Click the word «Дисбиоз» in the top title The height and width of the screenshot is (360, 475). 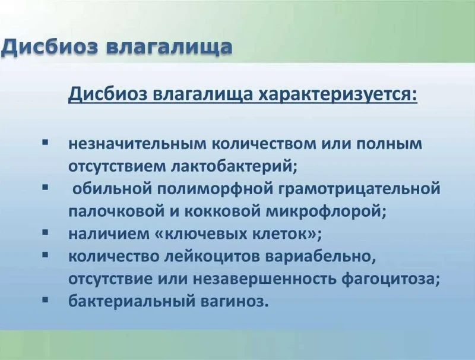50,48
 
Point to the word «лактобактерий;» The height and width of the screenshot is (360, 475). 234,166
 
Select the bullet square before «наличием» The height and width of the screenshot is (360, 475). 46,232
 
